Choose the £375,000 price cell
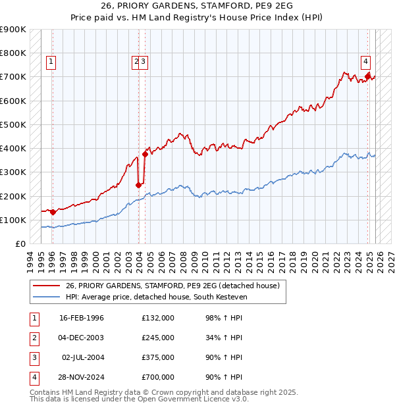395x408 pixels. click(x=158, y=357)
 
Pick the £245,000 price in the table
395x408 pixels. click(x=158, y=338)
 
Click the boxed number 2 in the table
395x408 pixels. click(x=34, y=338)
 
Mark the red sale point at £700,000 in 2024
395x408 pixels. click(x=367, y=76)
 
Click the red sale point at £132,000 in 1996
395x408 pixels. click(x=53, y=212)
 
